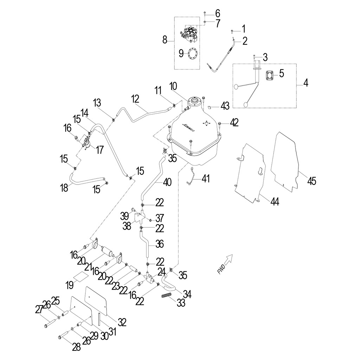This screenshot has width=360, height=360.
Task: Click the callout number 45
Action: pyautogui.click(x=311, y=181)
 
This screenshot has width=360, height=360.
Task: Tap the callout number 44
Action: pyautogui.click(x=275, y=201)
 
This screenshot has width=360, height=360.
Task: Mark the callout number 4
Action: pyautogui.click(x=306, y=83)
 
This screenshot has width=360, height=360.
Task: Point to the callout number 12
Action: pyautogui.click(x=136, y=99)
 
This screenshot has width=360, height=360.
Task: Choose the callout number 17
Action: pyautogui.click(x=100, y=150)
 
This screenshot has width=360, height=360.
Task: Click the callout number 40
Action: pyautogui.click(x=167, y=182)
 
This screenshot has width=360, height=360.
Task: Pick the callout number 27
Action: pyautogui.click(x=38, y=310)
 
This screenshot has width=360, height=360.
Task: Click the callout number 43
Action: pyautogui.click(x=225, y=105)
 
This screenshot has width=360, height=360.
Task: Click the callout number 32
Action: pyautogui.click(x=122, y=322)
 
